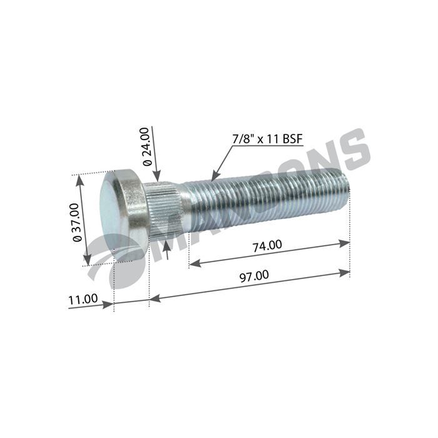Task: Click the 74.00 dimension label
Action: [x=267, y=245]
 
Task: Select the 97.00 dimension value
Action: [x=255, y=275]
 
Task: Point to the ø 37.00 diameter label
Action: [x=76, y=222]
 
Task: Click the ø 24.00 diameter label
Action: [x=146, y=146]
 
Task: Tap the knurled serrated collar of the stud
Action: [x=164, y=206]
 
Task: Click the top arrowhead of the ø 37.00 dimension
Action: [x=79, y=180]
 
